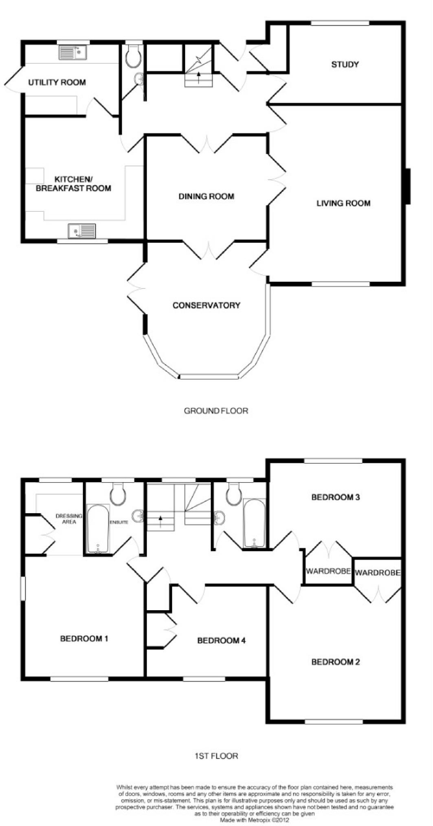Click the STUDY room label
[345, 64]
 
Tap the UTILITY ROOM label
[57, 82]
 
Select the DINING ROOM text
[207, 197]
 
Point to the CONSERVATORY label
[207, 305]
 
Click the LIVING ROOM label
[343, 203]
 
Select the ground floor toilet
[133, 57]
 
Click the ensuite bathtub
[98, 529]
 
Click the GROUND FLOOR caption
[216, 411]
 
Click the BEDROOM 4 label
[222, 641]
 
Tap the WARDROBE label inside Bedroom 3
[328, 571]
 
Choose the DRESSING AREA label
[69, 519]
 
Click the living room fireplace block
[408, 186]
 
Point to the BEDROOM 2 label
[335, 662]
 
